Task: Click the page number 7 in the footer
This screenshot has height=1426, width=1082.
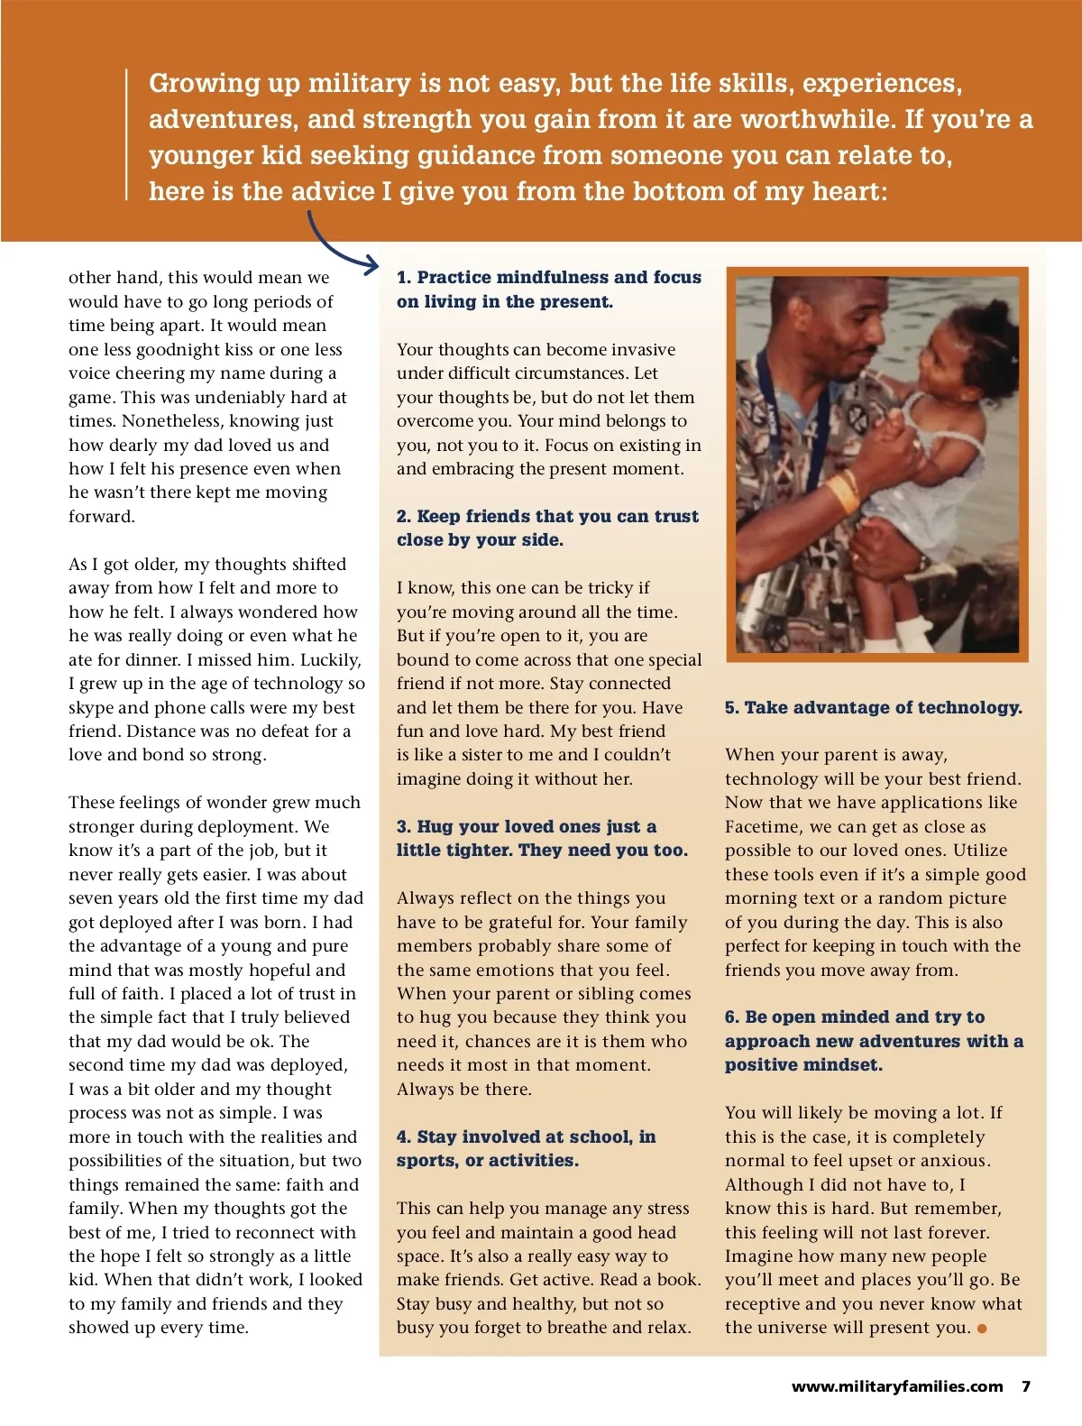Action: click(1025, 1386)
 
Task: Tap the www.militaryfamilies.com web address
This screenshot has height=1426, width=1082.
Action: click(896, 1386)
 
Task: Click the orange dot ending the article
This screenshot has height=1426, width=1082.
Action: click(982, 1329)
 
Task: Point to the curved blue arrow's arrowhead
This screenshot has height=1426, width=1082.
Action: click(371, 266)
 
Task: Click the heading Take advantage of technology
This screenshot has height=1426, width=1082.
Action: click(873, 707)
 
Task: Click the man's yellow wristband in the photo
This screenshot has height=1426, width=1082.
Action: click(842, 492)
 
